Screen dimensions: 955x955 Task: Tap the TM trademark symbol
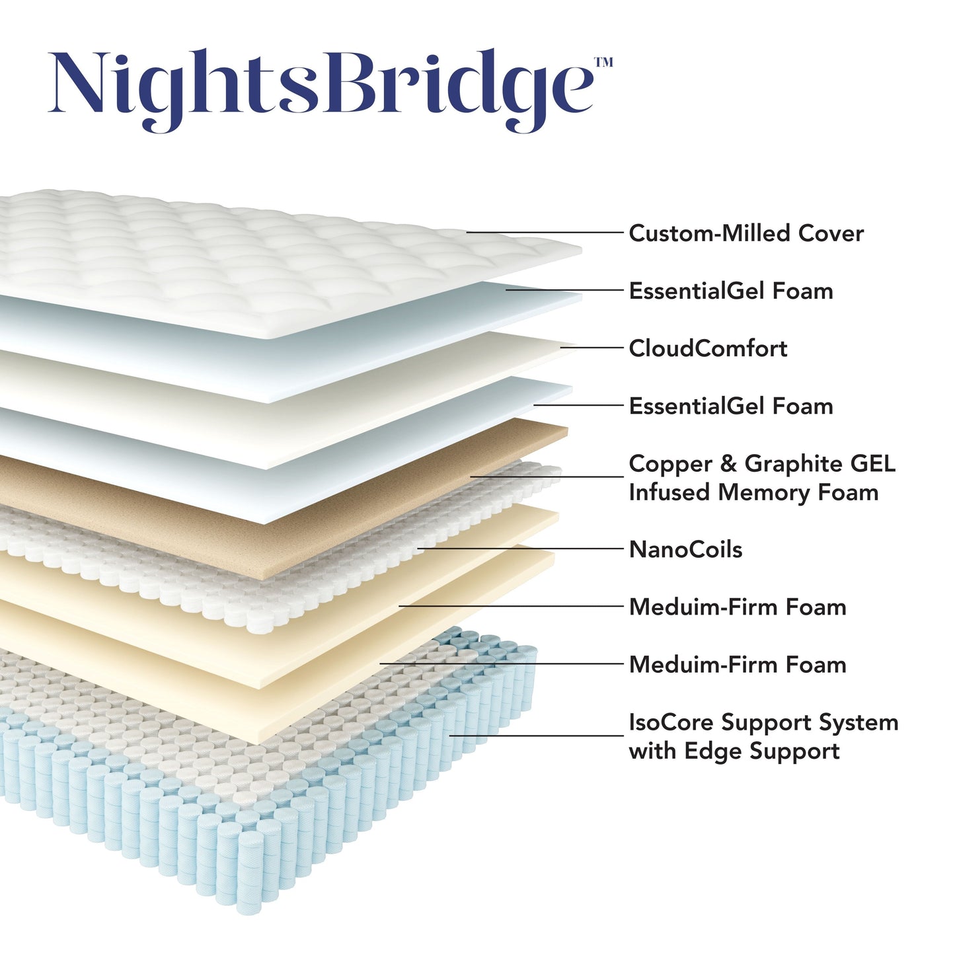pyautogui.click(x=603, y=62)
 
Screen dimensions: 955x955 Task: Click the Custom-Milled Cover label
pyautogui.click(x=745, y=233)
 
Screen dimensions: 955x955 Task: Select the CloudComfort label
pyautogui.click(x=707, y=348)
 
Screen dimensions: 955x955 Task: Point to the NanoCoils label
pyautogui.click(x=685, y=549)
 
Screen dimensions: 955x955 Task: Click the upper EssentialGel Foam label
pyautogui.click(x=730, y=291)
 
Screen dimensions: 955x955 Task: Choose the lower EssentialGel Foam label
pyautogui.click(x=730, y=406)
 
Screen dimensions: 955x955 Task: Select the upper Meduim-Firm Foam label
pyautogui.click(x=737, y=607)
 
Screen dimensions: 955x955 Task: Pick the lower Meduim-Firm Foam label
pyautogui.click(x=737, y=664)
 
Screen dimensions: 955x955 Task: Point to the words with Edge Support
pyautogui.click(x=734, y=751)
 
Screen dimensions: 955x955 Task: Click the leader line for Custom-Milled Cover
pyautogui.click(x=545, y=233)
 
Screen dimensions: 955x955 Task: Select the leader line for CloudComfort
pyautogui.click(x=592, y=347)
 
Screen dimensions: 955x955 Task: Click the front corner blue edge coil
pyautogui.click(x=250, y=872)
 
